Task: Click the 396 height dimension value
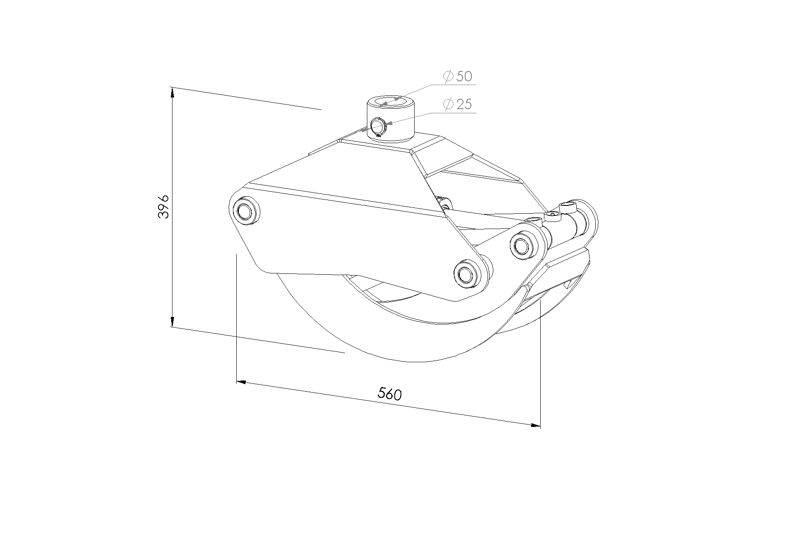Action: pos(164,206)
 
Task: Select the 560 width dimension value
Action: pos(390,394)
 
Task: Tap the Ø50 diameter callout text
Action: pos(457,76)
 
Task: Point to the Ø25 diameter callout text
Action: pos(457,104)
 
